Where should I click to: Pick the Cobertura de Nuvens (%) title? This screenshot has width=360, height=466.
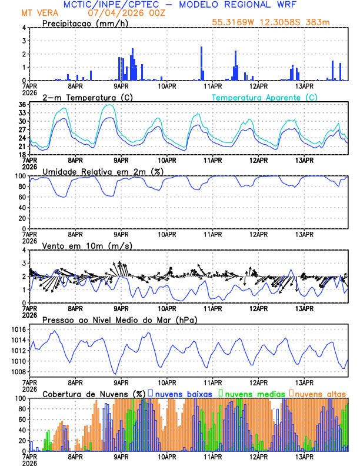click(94, 394)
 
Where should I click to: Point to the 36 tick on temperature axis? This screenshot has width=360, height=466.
click(22, 105)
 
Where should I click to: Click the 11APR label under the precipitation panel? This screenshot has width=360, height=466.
click(212, 86)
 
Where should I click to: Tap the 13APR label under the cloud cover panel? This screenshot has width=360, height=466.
click(304, 457)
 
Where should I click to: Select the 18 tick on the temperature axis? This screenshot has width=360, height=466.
click(22, 154)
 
